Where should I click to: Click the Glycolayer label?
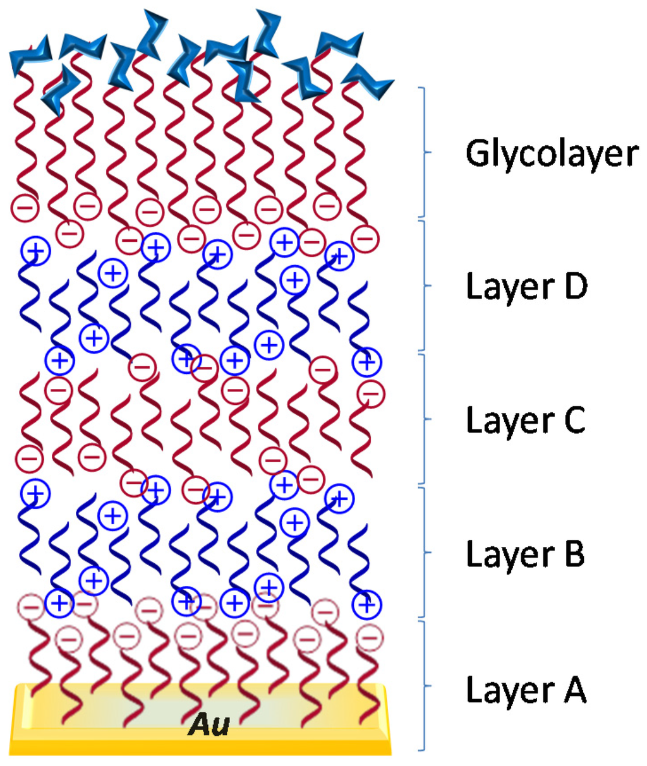pyautogui.click(x=552, y=153)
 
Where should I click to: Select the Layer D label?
pyautogui.click(x=526, y=287)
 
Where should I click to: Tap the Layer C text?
pyautogui.click(x=526, y=420)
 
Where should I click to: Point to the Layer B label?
pyautogui.click(x=525, y=554)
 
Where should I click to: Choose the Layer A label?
pyautogui.click(x=526, y=689)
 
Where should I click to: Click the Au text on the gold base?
pyautogui.click(x=209, y=725)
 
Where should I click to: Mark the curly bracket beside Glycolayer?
pyautogui.click(x=424, y=152)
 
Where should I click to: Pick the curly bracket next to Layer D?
pyautogui.click(x=424, y=285)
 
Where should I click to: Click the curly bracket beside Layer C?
pyautogui.click(x=424, y=419)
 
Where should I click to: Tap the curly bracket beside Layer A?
pyautogui.click(x=424, y=686)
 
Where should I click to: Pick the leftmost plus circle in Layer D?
pyautogui.click(x=35, y=251)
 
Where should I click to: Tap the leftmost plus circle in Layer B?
pyautogui.click(x=35, y=493)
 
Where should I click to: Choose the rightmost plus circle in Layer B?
pyautogui.click(x=367, y=604)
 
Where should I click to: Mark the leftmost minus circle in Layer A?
pyautogui.click(x=30, y=607)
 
